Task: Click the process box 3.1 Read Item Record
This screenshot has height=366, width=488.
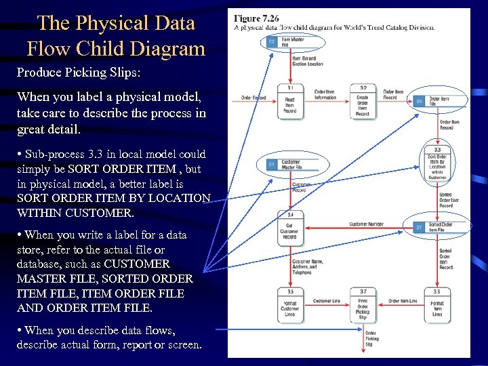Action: pos(289,102)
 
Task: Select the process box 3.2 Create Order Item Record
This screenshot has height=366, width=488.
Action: pos(363,102)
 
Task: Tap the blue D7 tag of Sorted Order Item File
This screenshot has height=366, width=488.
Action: pos(419,227)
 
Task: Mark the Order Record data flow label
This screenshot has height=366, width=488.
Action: pos(253,98)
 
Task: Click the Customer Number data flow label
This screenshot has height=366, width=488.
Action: pos(366,224)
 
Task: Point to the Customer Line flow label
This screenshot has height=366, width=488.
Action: pos(326,301)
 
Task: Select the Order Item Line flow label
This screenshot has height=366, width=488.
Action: pos(403,301)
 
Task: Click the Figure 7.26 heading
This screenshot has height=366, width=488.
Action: pos(256,18)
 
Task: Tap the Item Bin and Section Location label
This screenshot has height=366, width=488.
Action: pos(307,62)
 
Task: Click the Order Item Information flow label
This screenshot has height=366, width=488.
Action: pos(326,94)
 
